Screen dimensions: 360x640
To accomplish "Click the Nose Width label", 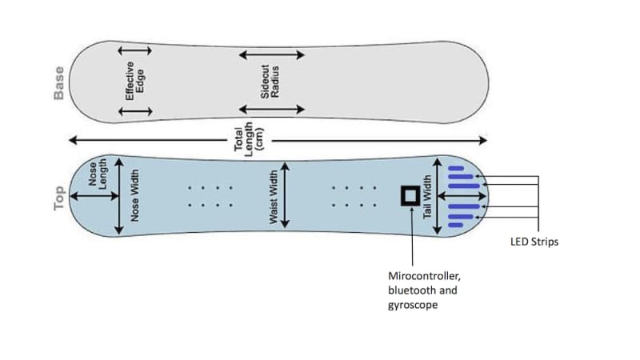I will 135,195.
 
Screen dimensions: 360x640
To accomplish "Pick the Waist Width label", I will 273,196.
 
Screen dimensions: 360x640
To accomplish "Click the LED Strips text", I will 534,242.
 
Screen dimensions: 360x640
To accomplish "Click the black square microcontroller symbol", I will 410,195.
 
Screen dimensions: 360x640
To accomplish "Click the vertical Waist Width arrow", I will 286,196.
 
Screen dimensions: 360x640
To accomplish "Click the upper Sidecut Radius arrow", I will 271,55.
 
